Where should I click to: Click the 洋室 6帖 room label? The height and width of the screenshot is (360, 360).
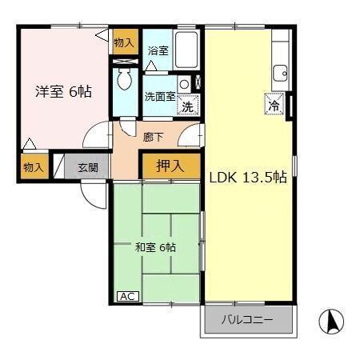coord(62,91)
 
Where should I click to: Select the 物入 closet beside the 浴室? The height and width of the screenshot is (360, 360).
coord(125,43)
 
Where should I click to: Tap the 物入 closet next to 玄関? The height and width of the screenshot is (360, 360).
coord(33,168)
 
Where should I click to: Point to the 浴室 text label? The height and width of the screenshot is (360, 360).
coord(158,50)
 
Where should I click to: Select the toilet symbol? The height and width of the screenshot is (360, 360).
coord(126,79)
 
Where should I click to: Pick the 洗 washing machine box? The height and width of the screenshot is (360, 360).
coord(187,104)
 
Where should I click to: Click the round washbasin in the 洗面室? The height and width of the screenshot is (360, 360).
coord(184,83)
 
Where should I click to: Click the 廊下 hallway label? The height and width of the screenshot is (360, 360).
coord(153,137)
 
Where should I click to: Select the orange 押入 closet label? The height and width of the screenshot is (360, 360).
coord(168,166)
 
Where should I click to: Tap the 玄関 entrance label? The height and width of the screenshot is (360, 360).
coord(88,168)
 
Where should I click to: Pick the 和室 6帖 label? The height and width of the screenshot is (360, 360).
coord(155,247)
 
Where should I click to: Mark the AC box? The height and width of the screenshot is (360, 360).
coord(127,296)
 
